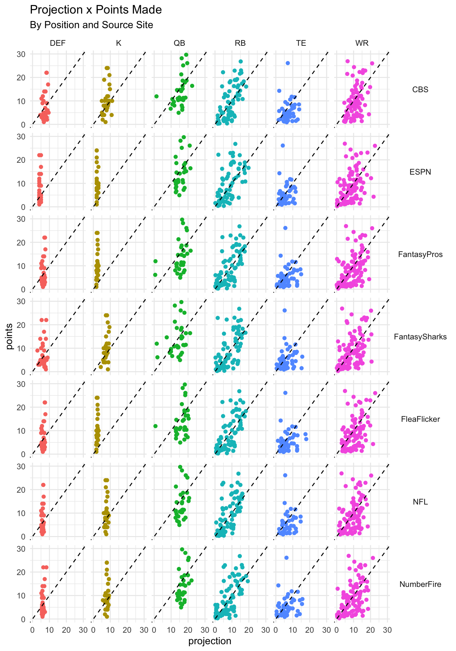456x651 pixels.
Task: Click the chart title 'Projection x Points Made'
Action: (x=96, y=10)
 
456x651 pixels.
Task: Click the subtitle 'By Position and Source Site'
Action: (x=91, y=25)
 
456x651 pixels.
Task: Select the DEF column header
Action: (x=57, y=43)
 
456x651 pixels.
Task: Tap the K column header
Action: (x=118, y=43)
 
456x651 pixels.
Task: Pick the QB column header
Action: (x=179, y=43)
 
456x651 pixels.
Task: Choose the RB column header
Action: (x=240, y=43)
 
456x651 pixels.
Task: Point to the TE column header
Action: (x=301, y=43)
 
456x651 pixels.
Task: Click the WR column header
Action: (x=362, y=43)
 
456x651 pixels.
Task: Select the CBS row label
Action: (x=420, y=90)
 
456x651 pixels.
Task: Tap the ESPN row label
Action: (x=420, y=172)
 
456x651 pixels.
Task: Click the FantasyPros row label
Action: (x=420, y=254)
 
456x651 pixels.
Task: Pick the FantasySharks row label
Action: (x=420, y=337)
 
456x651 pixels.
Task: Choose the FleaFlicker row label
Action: (x=420, y=419)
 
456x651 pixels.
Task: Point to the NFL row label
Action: (x=420, y=502)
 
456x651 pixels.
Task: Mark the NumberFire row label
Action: (x=420, y=584)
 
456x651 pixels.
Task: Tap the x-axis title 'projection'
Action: (x=210, y=641)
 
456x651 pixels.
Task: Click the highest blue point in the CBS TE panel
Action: (x=288, y=63)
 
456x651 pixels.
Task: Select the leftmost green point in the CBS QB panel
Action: (x=156, y=96)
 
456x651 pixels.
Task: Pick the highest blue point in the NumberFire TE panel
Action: (x=286, y=558)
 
